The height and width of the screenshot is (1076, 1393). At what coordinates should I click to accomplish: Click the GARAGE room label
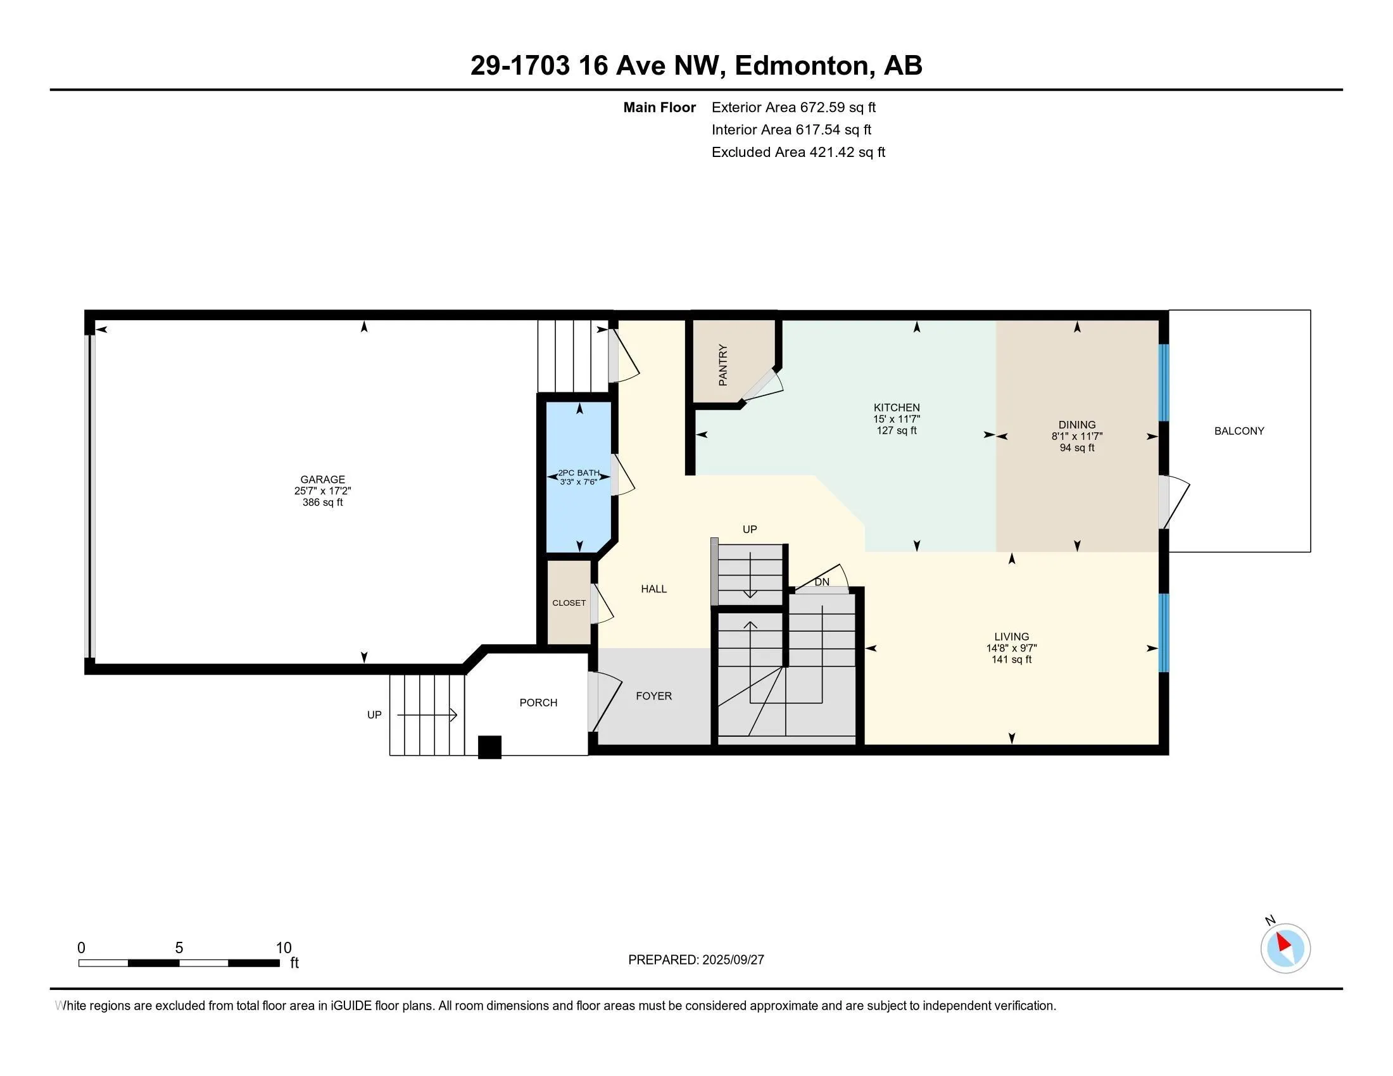[323, 479]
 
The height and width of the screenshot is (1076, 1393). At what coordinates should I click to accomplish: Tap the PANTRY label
[722, 365]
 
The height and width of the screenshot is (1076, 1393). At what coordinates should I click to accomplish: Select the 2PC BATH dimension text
[579, 482]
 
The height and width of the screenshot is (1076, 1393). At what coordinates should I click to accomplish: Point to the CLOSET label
[569, 603]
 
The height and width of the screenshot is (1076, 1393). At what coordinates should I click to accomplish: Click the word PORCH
[538, 703]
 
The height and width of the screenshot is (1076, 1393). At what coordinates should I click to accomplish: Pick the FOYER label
[654, 696]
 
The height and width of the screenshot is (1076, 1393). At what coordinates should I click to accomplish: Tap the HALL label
[654, 589]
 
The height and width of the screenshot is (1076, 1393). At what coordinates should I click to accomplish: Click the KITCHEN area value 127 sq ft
[897, 430]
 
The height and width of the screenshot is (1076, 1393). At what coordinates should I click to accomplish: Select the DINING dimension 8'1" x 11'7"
[1077, 436]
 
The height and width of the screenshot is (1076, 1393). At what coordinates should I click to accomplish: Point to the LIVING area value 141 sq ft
[1012, 659]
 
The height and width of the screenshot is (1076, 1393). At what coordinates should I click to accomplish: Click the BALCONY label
[1239, 431]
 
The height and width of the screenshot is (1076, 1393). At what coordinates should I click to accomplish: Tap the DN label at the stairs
[822, 582]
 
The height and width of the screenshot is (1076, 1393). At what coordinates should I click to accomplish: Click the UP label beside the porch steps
[374, 715]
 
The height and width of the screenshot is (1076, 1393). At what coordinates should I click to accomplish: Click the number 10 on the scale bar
[283, 948]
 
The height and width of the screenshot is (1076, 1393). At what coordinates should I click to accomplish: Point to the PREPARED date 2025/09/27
[733, 960]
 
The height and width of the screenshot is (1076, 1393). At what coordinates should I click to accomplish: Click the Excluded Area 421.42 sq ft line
[798, 152]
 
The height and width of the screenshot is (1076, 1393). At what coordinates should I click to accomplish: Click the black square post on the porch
[490, 747]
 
